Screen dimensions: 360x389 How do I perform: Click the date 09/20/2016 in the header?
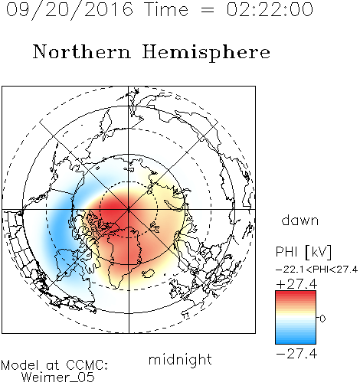click(x=70, y=9)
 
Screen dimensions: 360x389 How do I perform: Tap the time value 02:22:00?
click(x=270, y=9)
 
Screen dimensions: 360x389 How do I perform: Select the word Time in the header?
click(x=166, y=9)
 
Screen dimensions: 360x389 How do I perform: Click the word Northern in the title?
click(x=82, y=52)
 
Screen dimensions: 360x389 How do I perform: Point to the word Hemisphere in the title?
click(x=206, y=52)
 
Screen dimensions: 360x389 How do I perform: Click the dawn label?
click(x=300, y=220)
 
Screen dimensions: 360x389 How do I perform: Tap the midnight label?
click(x=180, y=359)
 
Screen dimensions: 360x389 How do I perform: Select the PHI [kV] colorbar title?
click(x=303, y=252)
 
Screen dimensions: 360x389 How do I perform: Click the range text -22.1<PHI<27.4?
click(x=316, y=270)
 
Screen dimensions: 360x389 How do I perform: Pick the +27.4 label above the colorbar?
click(x=296, y=284)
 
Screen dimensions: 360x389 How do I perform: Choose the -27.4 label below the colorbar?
click(x=296, y=354)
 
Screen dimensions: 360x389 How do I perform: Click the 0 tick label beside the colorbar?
click(x=322, y=319)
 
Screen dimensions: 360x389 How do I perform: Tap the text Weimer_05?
click(x=58, y=378)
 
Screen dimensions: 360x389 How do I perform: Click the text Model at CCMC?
click(x=54, y=365)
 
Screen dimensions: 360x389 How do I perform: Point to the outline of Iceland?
click(x=148, y=273)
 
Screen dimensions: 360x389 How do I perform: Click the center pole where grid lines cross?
click(x=129, y=210)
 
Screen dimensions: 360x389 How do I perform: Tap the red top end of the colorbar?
click(x=296, y=293)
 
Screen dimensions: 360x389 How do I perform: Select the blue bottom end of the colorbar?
click(x=296, y=342)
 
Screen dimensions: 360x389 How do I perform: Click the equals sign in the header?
click(x=208, y=10)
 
